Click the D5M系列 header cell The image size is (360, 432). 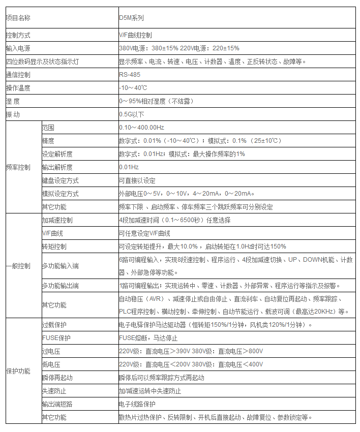pos(131,18)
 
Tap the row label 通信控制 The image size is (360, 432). pos(18,75)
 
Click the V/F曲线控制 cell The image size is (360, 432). pos(135,36)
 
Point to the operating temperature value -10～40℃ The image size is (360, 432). pos(133,88)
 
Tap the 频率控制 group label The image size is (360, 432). pos(18,167)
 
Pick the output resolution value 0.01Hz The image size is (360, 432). pos(129,167)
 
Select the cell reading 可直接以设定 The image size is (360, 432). pos(137,180)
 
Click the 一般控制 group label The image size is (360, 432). pos(18,266)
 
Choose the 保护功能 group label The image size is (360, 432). pos(18,371)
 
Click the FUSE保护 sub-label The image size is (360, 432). pos(56,338)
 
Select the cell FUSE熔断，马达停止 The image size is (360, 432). pos(147,338)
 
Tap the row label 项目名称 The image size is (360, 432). pos(18,18)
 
